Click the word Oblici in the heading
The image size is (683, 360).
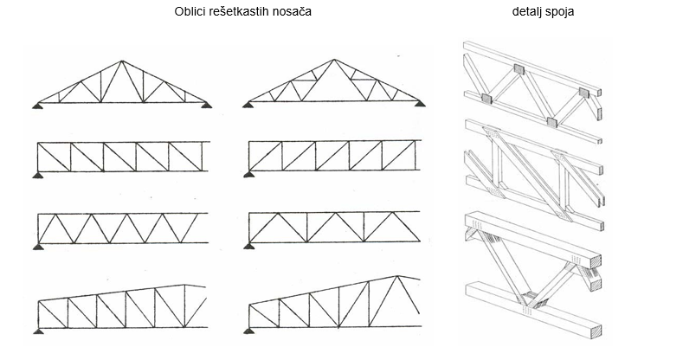coord(194,13)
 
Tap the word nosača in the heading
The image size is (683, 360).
coord(292,13)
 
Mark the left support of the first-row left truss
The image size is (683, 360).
coord(38,106)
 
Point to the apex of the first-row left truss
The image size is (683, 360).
coord(122,62)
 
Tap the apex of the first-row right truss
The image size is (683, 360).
coord(333,61)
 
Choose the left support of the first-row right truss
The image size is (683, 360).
coord(248,105)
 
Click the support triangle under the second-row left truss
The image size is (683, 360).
coord(39,176)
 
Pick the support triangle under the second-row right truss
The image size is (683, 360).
coord(251,176)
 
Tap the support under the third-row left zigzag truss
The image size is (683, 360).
coord(39,247)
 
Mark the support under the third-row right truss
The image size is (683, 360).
coord(251,247)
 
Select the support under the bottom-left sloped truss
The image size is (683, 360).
coord(39,331)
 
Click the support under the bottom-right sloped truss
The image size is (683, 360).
coord(251,331)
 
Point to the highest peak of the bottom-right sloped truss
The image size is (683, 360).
coord(397,276)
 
